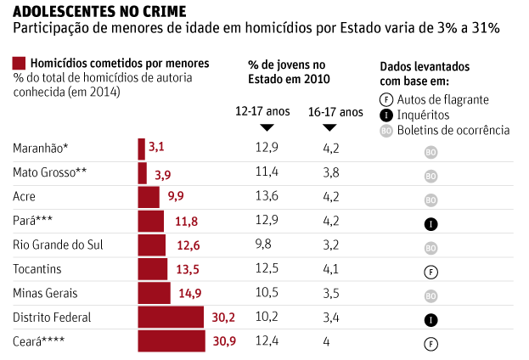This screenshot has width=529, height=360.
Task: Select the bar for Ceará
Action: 171,342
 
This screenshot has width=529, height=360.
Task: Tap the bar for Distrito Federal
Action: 171,318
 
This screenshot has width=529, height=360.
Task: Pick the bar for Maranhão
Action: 142,149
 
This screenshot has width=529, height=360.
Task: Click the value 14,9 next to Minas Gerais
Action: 188,294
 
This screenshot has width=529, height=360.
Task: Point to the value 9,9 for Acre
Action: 176,197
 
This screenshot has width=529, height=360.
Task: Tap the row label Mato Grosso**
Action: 50,173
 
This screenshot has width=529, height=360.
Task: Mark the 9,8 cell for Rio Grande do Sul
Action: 263,245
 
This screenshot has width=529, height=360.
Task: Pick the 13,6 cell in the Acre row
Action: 266,196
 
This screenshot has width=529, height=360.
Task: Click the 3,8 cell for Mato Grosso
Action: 331,172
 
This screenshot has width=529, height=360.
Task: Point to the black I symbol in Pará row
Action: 431,224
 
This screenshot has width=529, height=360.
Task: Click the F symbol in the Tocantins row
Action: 431,273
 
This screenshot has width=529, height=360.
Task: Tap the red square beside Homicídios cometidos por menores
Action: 19,64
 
